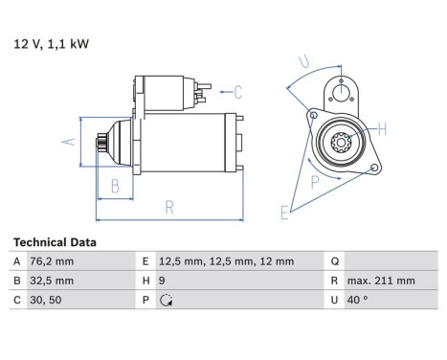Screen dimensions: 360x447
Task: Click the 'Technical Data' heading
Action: pos(55,242)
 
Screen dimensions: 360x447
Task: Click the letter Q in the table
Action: pos(334,261)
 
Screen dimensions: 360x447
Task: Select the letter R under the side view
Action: pos(168,205)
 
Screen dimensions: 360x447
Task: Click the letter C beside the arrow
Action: pos(238,93)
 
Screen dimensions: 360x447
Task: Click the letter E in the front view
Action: pos(284,213)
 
